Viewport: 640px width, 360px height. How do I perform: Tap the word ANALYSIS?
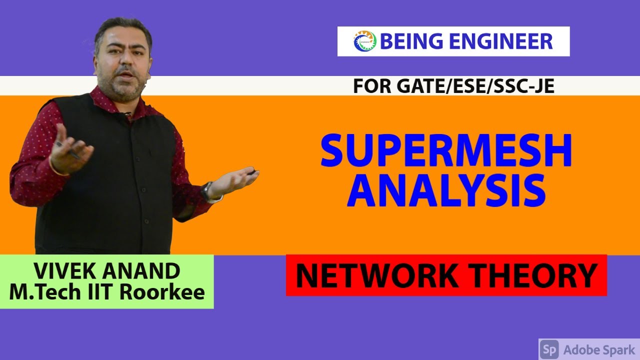pyautogui.click(x=446, y=191)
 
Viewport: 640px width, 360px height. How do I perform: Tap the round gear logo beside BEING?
pyautogui.click(x=364, y=41)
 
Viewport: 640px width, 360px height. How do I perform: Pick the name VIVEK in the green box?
pyautogui.click(x=65, y=271)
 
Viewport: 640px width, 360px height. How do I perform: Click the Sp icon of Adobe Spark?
pyautogui.click(x=549, y=349)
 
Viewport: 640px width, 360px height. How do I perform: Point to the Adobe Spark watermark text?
pyautogui.click(x=599, y=349)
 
